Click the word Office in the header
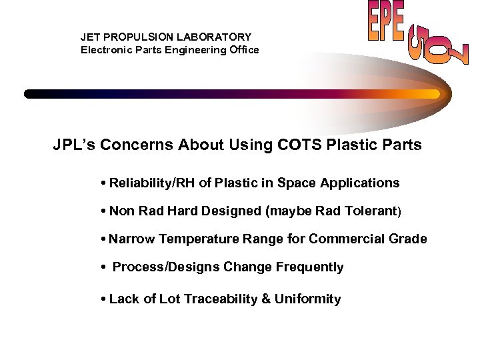(x=242, y=50)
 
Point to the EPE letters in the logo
(x=386, y=24)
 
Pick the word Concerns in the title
(x=139, y=145)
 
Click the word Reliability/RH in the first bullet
(x=150, y=183)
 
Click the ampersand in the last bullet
(x=266, y=299)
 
